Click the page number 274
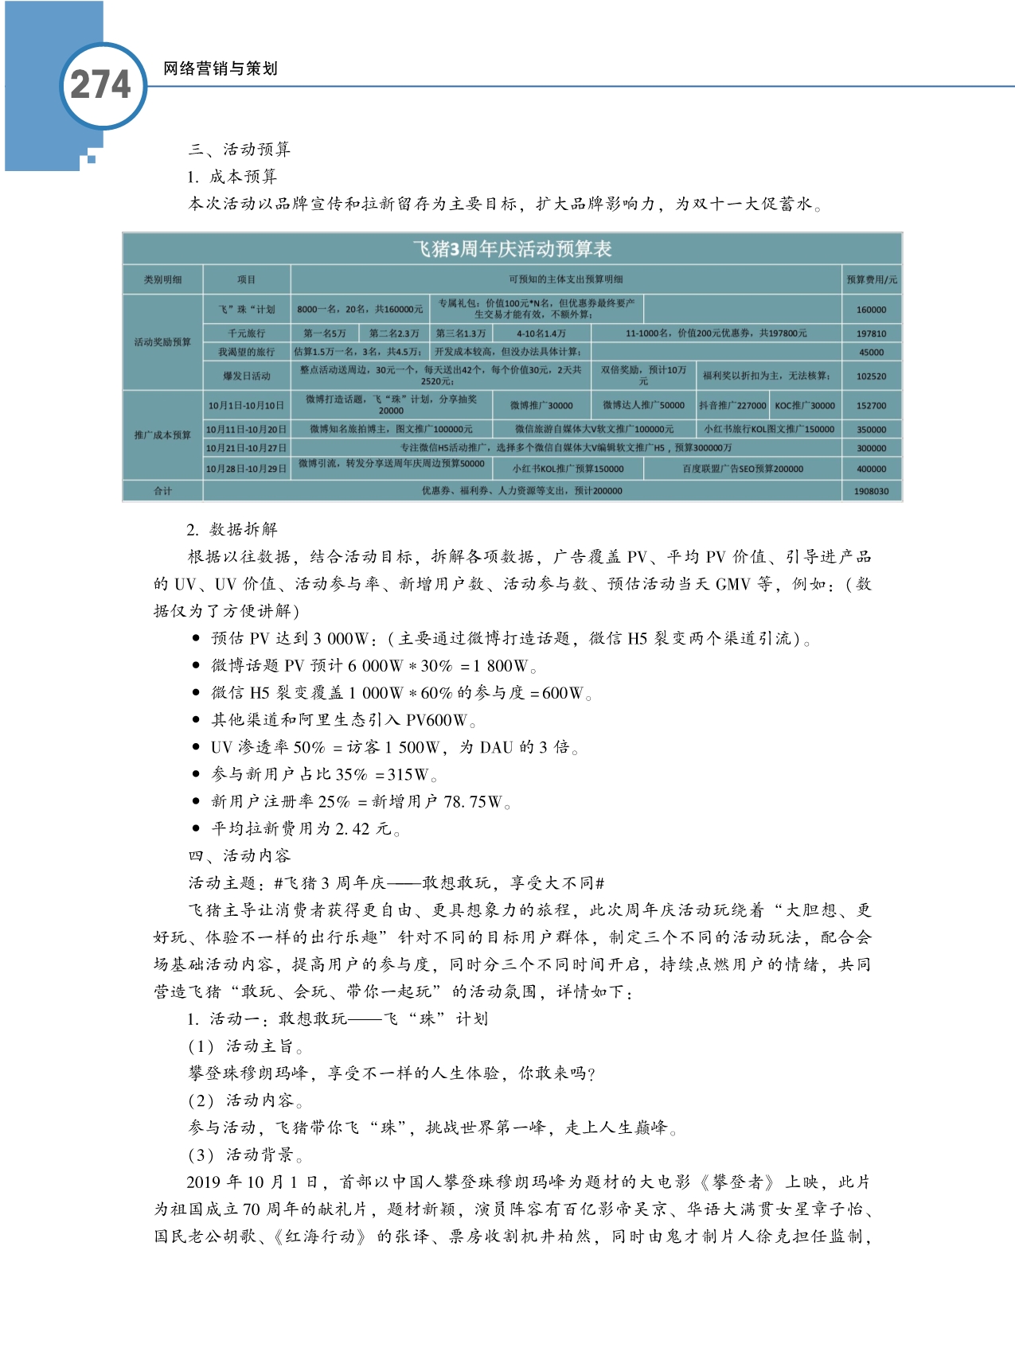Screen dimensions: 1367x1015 coord(100,85)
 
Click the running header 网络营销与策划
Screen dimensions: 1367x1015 coord(221,68)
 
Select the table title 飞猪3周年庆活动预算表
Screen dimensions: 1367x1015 coord(512,249)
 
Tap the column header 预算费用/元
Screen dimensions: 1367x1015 coord(871,279)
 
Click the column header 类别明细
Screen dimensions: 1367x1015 coord(162,279)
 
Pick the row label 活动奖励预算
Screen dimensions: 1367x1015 coord(162,342)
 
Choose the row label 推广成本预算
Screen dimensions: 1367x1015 coord(162,434)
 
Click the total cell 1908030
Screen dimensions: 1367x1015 coord(871,491)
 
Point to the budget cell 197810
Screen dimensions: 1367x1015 coord(871,333)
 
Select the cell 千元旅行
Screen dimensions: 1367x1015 coord(246,333)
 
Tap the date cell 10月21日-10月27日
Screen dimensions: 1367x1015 coord(246,448)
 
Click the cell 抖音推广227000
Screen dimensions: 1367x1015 coord(732,405)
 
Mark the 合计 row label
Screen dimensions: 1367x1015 coord(162,491)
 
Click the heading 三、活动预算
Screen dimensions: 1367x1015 coord(240,150)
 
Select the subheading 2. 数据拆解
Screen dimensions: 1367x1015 coord(232,530)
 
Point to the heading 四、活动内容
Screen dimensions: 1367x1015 coord(240,856)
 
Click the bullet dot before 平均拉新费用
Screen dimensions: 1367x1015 coord(196,829)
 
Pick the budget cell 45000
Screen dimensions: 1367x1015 coord(871,352)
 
